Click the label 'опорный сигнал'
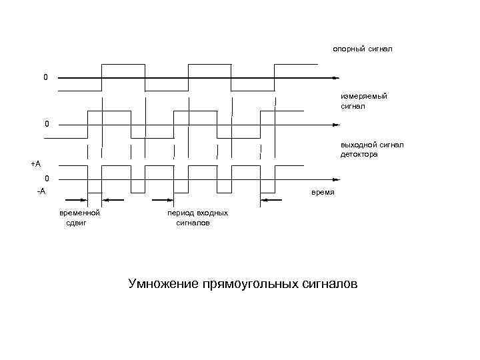click(x=364, y=49)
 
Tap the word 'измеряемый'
click(x=364, y=96)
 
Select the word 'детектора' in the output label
click(x=359, y=155)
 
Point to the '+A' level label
click(x=35, y=163)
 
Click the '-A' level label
click(x=41, y=191)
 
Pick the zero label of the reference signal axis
click(x=45, y=78)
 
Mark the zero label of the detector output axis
click(x=47, y=179)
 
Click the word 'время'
click(x=323, y=193)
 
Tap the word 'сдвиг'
click(x=77, y=224)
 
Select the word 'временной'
click(x=79, y=213)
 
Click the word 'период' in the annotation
click(x=180, y=213)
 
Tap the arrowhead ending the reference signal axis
click(x=335, y=78)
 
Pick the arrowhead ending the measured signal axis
click(x=335, y=124)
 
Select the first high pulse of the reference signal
click(x=123, y=65)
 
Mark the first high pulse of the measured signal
click(x=109, y=111)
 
